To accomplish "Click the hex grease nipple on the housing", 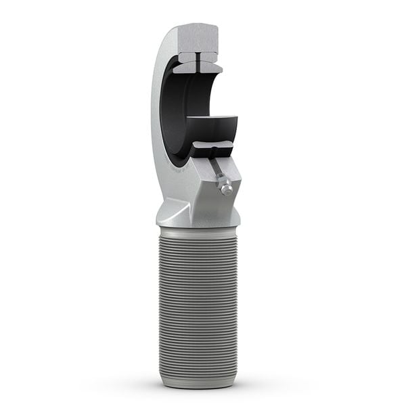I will point(225,185).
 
